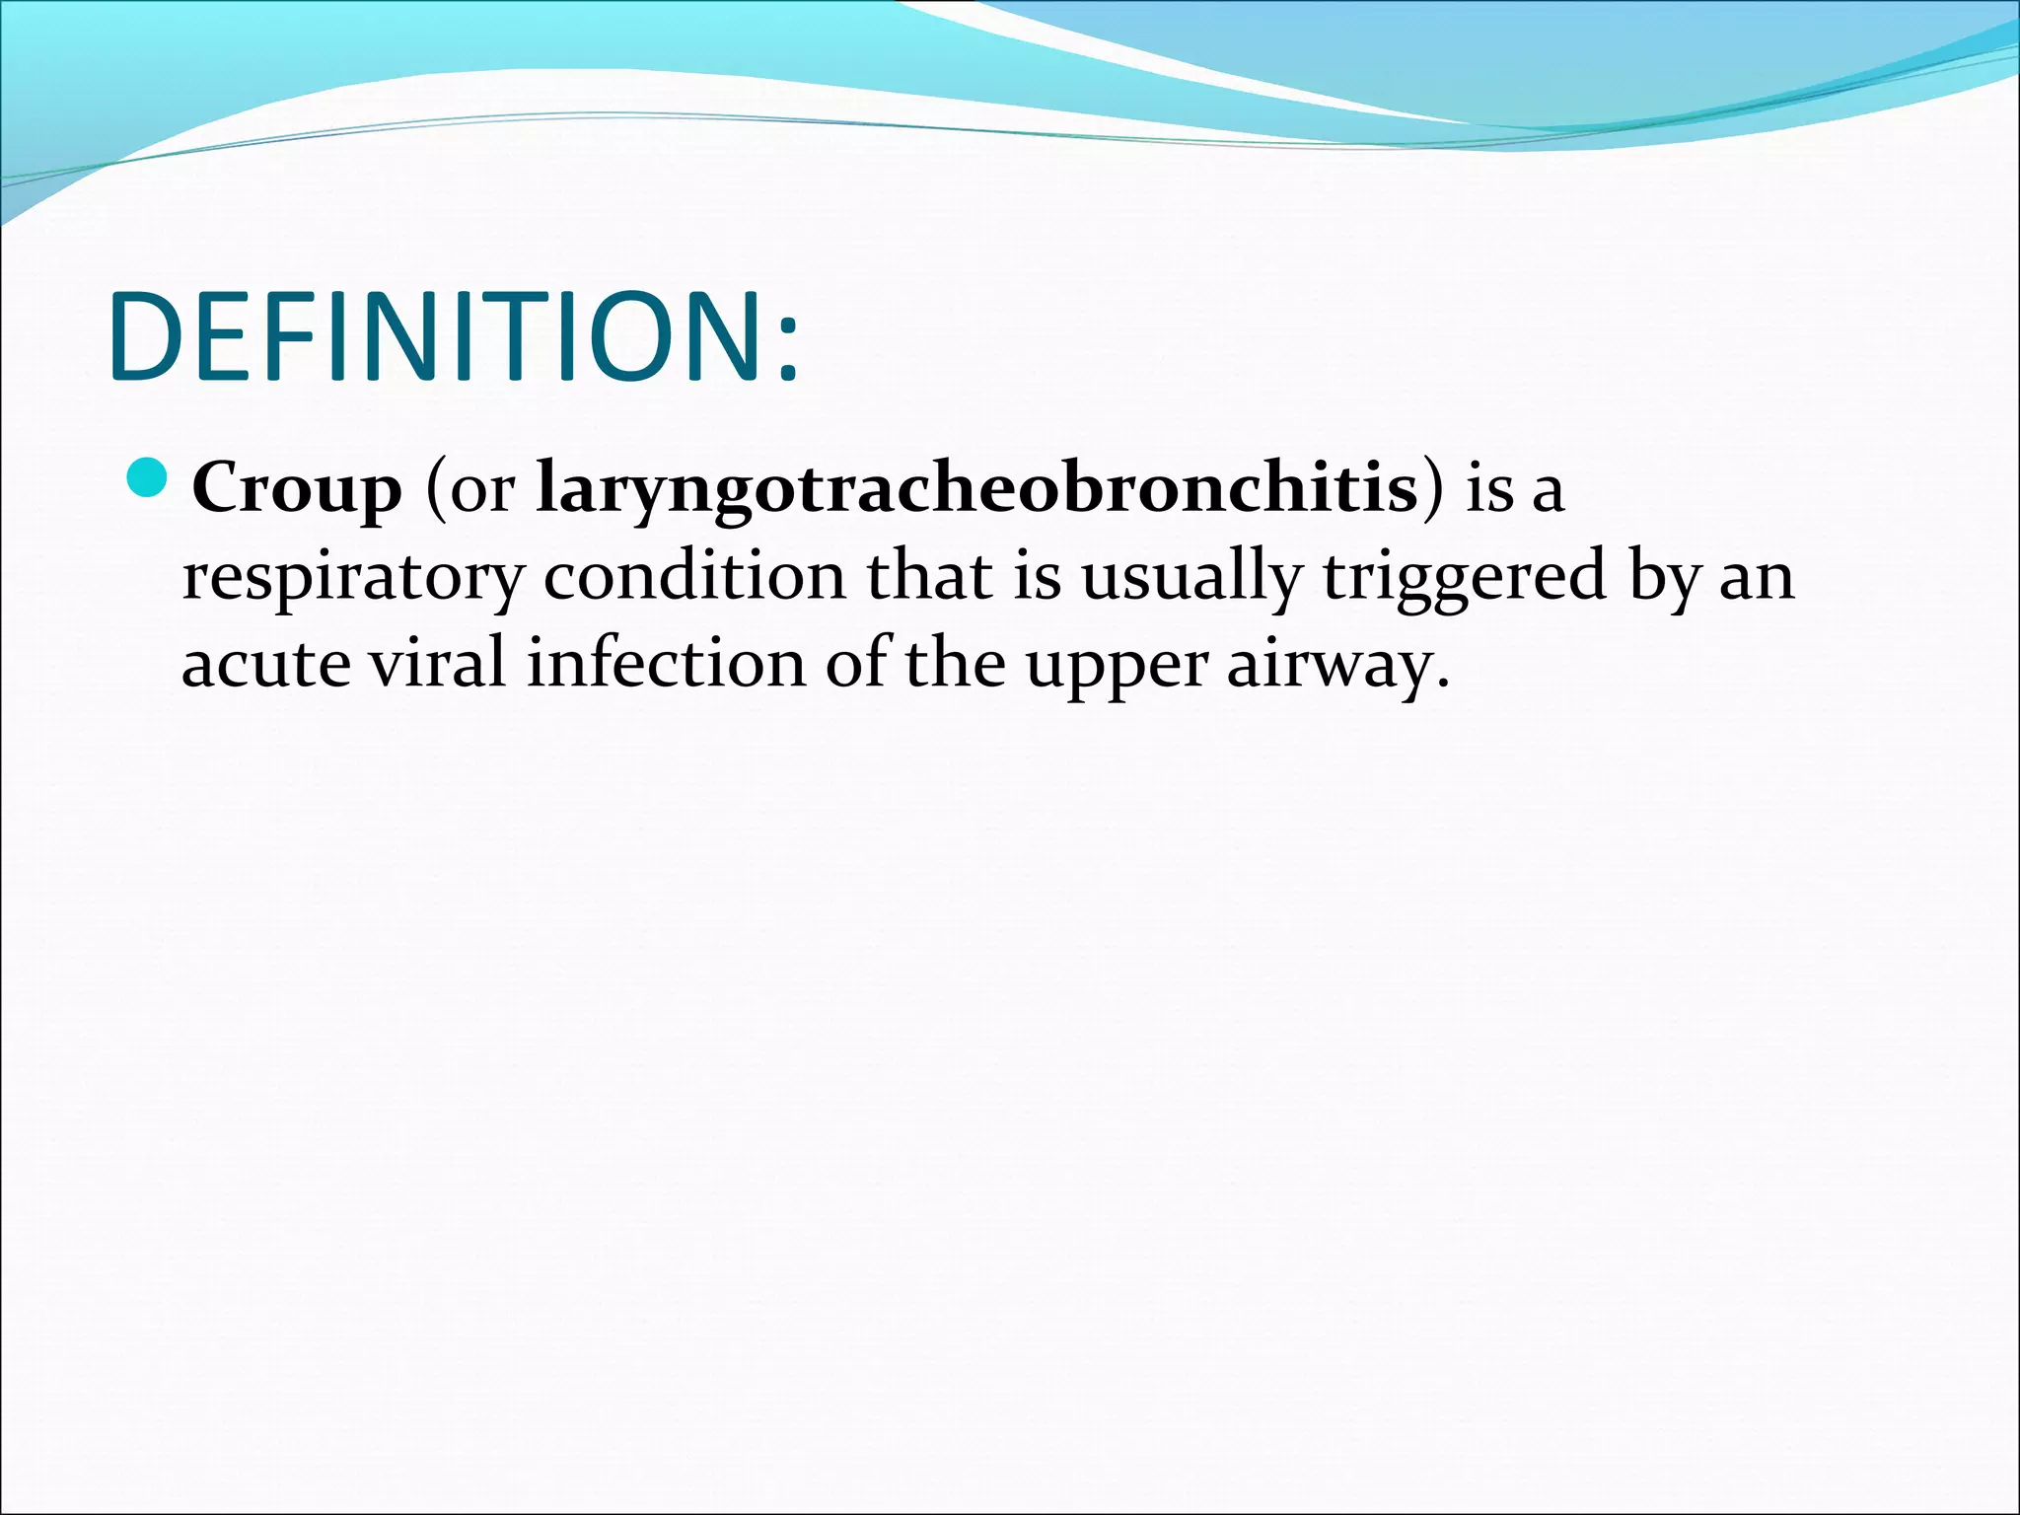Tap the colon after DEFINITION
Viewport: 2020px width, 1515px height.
click(x=786, y=350)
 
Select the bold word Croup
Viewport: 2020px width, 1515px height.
click(x=297, y=488)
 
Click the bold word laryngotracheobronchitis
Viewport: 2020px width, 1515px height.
click(x=976, y=488)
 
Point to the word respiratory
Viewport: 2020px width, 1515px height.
click(x=352, y=577)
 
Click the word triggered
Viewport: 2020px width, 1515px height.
click(x=1465, y=577)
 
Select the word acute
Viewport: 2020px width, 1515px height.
click(x=265, y=664)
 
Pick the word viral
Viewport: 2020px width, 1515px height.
click(x=437, y=663)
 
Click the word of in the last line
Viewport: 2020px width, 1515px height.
click(x=855, y=663)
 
